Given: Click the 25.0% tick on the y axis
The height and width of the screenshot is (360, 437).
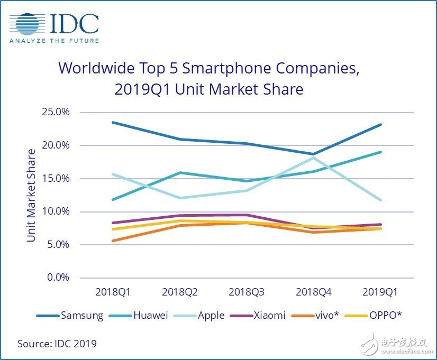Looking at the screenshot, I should pyautogui.click(x=56, y=112).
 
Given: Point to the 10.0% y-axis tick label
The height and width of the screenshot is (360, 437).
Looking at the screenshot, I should pyautogui.click(x=56, y=211).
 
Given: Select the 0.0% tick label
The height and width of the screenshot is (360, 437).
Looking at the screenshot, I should pyautogui.click(x=58, y=278).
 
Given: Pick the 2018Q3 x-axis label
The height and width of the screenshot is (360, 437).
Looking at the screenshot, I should pyautogui.click(x=246, y=292).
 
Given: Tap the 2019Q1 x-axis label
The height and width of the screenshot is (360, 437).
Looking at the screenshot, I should pyautogui.click(x=380, y=292).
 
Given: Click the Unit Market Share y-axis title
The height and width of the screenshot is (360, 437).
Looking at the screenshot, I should pyautogui.click(x=32, y=196).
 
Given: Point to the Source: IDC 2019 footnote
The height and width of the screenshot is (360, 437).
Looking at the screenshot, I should pyautogui.click(x=57, y=344).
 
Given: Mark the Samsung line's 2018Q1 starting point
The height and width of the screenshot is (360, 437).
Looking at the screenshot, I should pyautogui.click(x=113, y=122).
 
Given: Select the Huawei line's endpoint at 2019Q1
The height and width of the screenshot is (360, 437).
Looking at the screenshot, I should pyautogui.click(x=380, y=152).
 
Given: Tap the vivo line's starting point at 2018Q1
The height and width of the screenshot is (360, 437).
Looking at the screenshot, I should pyautogui.click(x=113, y=241).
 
